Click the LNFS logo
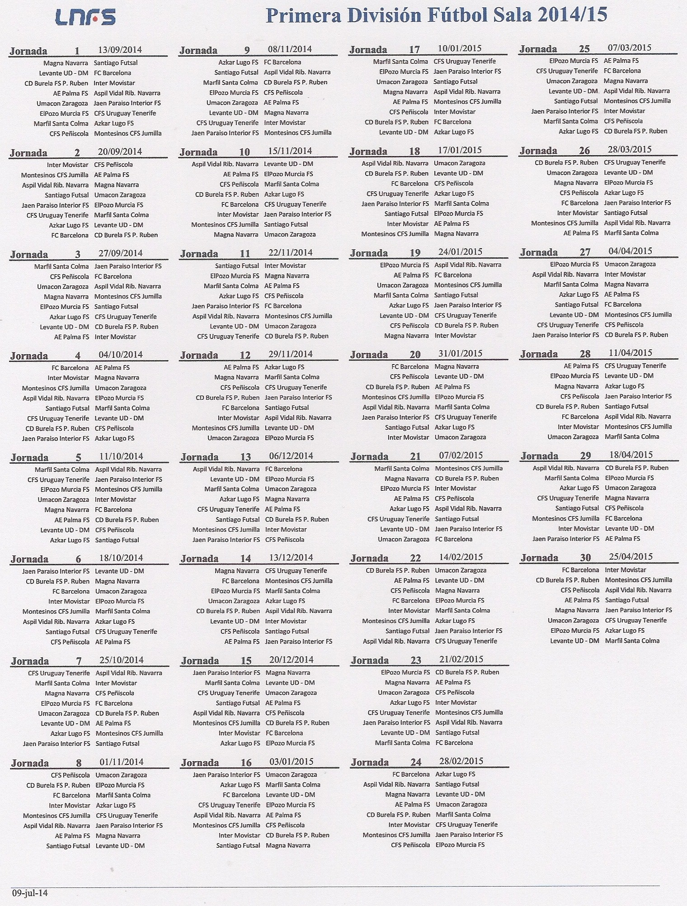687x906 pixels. pos(85,17)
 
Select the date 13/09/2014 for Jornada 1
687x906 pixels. pos(120,50)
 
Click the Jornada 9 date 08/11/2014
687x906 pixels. pos(290,49)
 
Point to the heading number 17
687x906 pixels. pos(414,50)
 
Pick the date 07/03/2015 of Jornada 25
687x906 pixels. pos(630,48)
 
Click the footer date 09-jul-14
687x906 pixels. pos(30,893)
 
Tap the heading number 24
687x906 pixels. pos(416,762)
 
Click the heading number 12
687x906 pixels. pos(245,355)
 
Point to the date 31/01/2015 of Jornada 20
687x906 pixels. pos(461,354)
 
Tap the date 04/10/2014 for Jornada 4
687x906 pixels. pos(121,355)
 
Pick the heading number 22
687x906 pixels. pos(415,559)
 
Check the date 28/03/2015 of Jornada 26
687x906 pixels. pos(630,150)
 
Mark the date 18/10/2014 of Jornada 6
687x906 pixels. pos(121,558)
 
